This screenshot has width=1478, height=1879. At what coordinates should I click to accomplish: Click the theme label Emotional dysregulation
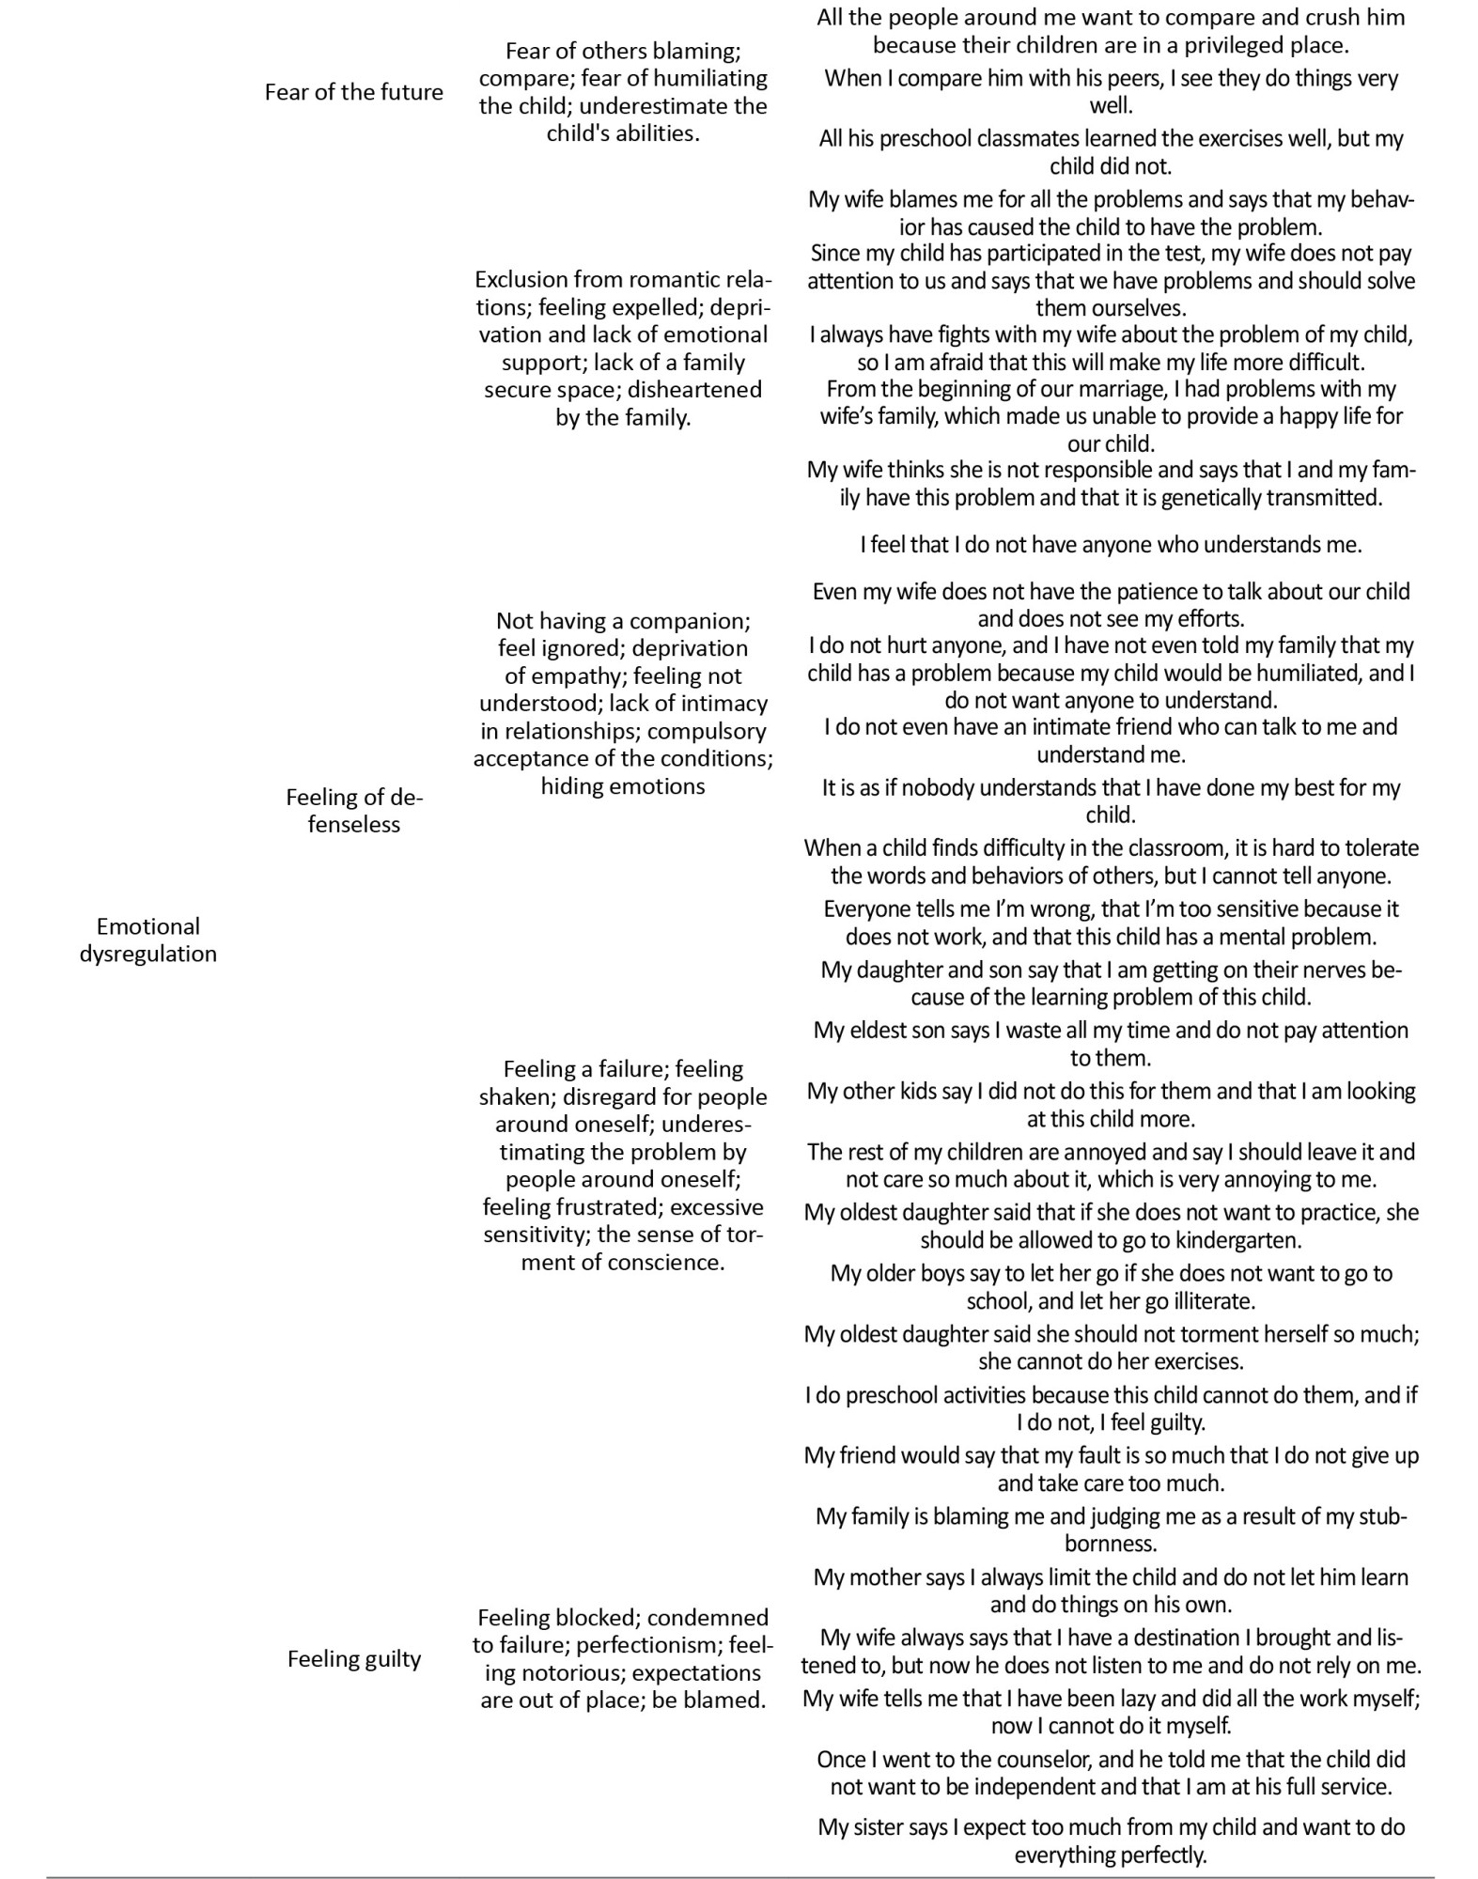(x=148, y=939)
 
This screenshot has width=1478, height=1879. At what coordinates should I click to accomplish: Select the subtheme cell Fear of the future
(x=353, y=92)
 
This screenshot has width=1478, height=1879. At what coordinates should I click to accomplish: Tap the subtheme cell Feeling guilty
(x=353, y=1658)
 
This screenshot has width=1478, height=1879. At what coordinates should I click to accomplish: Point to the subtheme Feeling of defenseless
(x=353, y=810)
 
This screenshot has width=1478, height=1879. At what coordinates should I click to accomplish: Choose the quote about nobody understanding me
(x=1111, y=545)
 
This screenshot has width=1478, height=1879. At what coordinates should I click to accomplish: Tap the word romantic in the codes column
(x=668, y=279)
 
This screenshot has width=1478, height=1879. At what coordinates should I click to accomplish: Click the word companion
(x=689, y=620)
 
